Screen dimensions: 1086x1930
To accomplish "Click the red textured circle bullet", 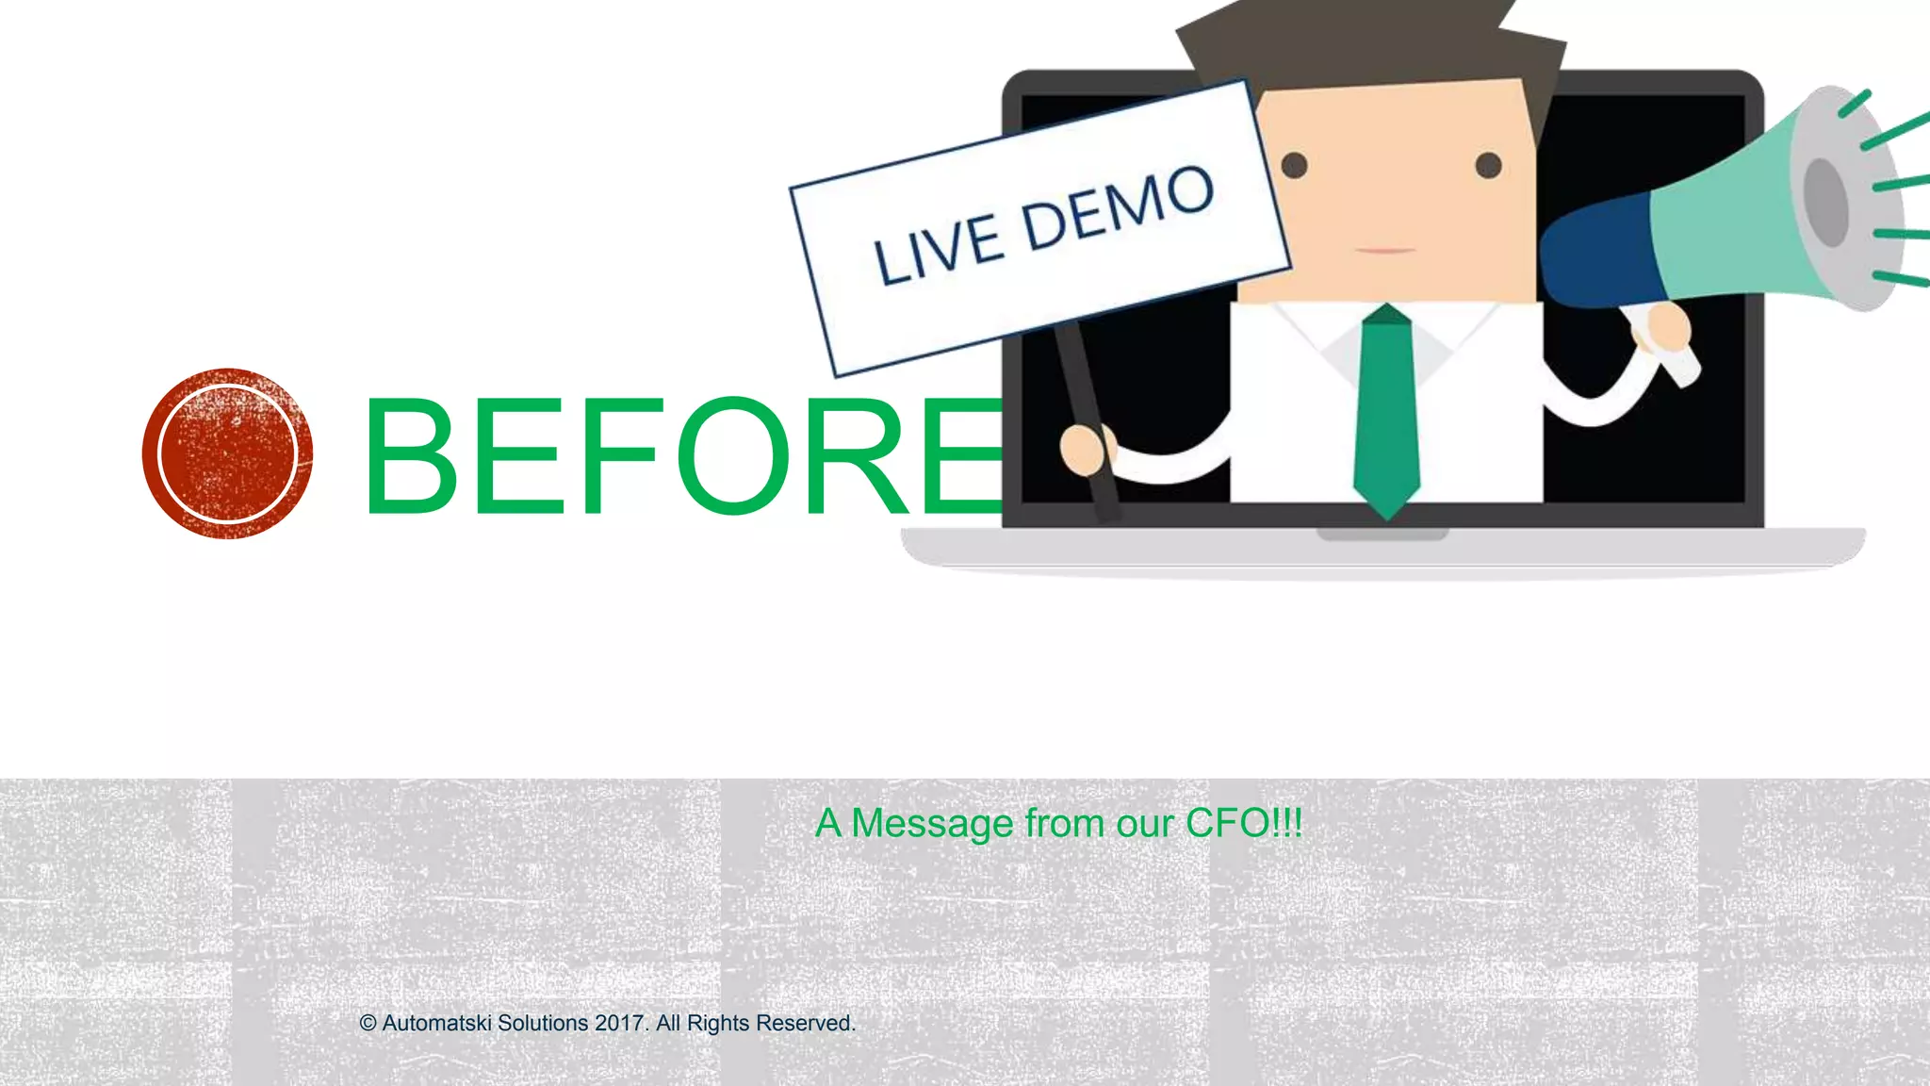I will coord(227,453).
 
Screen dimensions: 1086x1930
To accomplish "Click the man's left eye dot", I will coord(1295,166).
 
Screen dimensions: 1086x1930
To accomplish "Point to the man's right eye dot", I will coord(1488,166).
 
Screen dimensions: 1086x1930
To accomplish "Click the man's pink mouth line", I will coord(1385,251).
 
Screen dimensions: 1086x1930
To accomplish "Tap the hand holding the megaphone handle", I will coord(1666,329).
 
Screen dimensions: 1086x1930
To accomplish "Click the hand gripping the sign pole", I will coord(1086,450).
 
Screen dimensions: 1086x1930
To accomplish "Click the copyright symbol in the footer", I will coord(368,1024).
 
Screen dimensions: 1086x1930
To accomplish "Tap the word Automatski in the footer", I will coord(436,1024).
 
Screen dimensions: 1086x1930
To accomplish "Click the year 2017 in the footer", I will coord(620,1024).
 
